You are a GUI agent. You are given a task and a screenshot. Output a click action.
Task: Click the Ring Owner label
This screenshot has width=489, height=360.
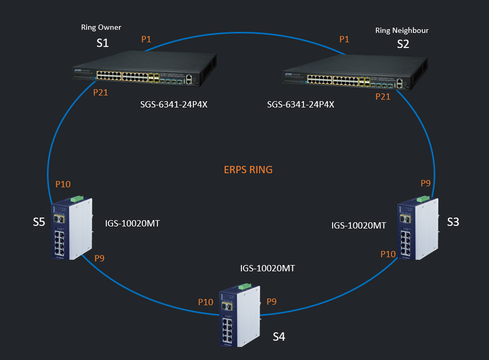[101, 28]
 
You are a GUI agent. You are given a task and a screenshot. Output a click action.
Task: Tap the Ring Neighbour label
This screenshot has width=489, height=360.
[401, 31]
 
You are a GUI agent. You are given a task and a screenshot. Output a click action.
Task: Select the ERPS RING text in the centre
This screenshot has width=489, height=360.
[248, 170]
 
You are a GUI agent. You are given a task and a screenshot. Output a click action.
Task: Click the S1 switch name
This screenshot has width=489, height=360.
[102, 43]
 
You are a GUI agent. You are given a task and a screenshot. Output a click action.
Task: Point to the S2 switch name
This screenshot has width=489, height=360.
[403, 44]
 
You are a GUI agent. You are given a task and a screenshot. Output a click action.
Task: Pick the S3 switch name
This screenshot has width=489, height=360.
[453, 222]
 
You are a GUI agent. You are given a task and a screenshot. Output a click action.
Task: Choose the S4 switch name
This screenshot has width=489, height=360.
[279, 337]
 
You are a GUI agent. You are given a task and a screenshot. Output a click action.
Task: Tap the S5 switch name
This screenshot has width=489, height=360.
[39, 222]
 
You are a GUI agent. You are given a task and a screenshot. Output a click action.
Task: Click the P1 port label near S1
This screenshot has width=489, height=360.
[146, 39]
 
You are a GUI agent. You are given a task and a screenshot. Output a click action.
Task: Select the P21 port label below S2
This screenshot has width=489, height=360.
[383, 97]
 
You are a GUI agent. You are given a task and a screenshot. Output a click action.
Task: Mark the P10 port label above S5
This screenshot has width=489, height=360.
[63, 184]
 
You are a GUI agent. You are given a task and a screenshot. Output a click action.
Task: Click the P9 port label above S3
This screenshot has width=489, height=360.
[425, 183]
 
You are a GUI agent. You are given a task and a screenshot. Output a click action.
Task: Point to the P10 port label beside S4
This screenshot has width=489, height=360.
[205, 302]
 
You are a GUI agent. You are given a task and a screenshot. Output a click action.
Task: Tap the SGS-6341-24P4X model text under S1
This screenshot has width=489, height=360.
[174, 104]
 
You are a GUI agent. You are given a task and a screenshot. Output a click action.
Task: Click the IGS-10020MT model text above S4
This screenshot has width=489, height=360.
[267, 268]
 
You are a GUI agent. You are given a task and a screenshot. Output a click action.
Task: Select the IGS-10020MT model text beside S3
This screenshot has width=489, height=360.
[359, 225]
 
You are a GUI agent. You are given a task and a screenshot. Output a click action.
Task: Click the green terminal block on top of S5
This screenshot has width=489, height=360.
[77, 199]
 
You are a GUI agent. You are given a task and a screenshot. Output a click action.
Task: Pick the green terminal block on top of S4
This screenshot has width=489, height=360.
[245, 286]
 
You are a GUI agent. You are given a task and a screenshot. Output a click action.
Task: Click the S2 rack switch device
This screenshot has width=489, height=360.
[355, 72]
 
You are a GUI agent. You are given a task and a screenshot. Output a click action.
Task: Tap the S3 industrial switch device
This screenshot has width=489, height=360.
[418, 228]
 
